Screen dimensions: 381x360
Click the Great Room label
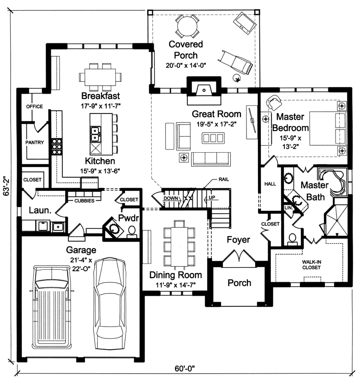point(216,114)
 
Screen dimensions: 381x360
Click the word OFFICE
point(34,107)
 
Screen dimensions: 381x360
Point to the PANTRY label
point(35,143)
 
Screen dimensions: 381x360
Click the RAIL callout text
point(220,179)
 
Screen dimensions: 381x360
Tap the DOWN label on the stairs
point(171,198)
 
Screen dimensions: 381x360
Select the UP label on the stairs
point(212,198)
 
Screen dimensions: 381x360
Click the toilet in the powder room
point(132,231)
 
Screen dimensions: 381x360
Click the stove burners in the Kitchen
point(56,145)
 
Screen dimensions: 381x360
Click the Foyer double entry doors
point(239,256)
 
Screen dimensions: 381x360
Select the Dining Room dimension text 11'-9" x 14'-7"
point(176,285)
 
